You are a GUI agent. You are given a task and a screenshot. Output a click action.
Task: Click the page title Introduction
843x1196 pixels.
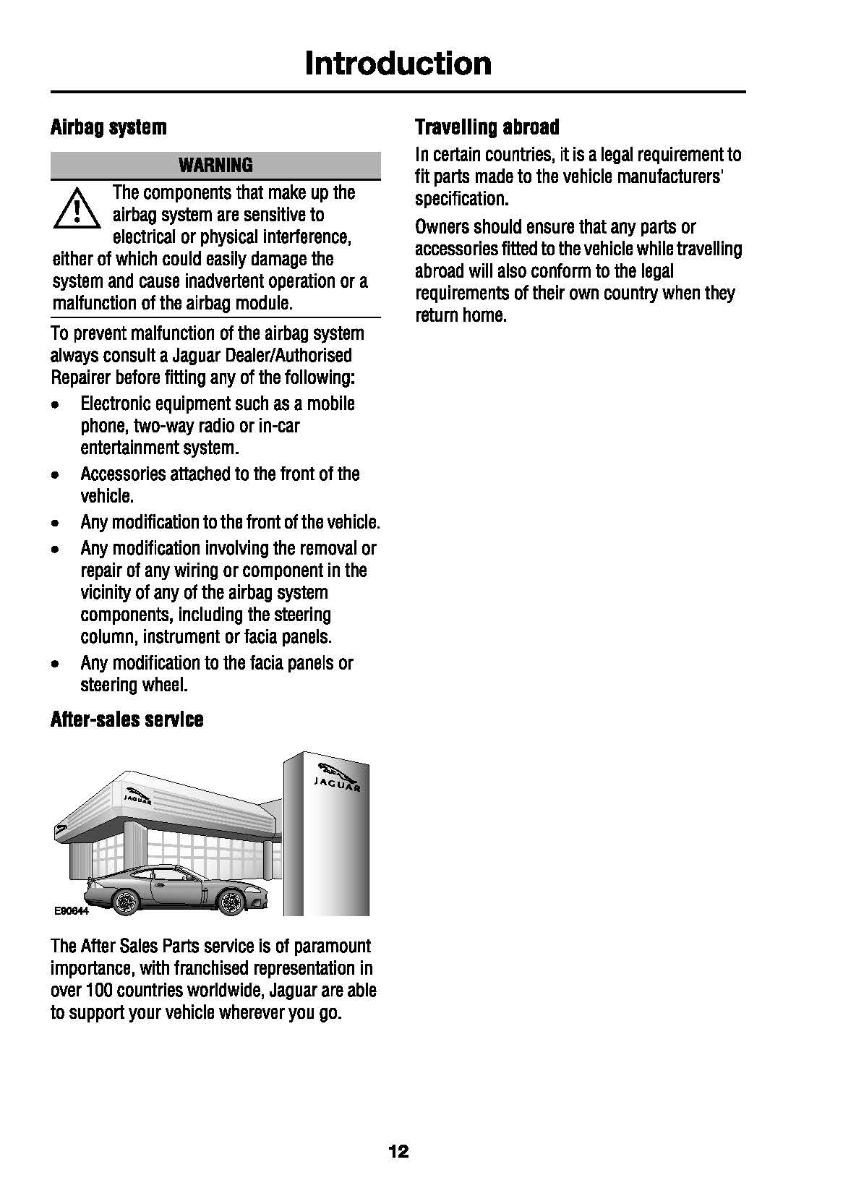pyautogui.click(x=398, y=64)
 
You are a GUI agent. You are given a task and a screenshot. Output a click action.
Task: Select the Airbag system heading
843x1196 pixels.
pyautogui.click(x=108, y=128)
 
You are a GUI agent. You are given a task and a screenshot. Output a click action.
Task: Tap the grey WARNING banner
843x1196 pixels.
pyautogui.click(x=215, y=166)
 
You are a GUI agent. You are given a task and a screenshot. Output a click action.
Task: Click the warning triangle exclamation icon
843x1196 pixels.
pyautogui.click(x=76, y=210)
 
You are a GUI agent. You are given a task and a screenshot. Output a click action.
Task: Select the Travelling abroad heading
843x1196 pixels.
pyautogui.click(x=487, y=128)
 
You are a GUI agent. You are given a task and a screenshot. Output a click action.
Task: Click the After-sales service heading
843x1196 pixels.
pyautogui.click(x=127, y=719)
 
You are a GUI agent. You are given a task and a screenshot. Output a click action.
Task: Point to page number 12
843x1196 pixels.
pyautogui.click(x=398, y=1151)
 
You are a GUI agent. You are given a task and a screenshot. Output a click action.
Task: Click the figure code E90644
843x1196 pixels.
pyautogui.click(x=72, y=912)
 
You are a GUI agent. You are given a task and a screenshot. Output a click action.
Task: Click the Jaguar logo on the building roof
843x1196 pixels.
pyautogui.click(x=137, y=797)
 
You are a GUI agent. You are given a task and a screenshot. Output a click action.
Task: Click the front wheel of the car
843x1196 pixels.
pyautogui.click(x=231, y=901)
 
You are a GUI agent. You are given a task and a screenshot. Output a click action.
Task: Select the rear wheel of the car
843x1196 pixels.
pyautogui.click(x=124, y=902)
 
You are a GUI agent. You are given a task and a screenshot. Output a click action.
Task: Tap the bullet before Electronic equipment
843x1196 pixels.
pyautogui.click(x=56, y=405)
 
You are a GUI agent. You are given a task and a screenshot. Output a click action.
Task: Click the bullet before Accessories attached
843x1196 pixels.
pyautogui.click(x=56, y=475)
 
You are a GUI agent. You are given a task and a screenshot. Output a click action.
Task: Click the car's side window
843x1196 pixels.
pyautogui.click(x=174, y=875)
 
